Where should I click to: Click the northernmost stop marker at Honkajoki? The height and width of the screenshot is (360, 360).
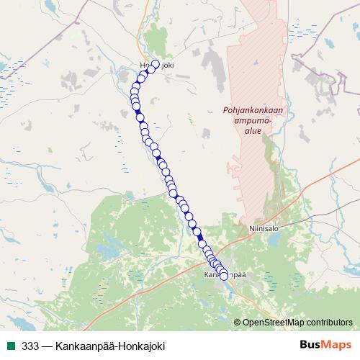point(155,63)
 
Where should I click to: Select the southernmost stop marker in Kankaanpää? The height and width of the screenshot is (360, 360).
point(223,276)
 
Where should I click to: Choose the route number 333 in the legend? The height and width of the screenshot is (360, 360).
point(30,345)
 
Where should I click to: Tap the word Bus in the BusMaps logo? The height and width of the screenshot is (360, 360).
point(311,344)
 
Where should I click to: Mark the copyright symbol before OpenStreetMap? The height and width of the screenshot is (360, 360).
point(238,323)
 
